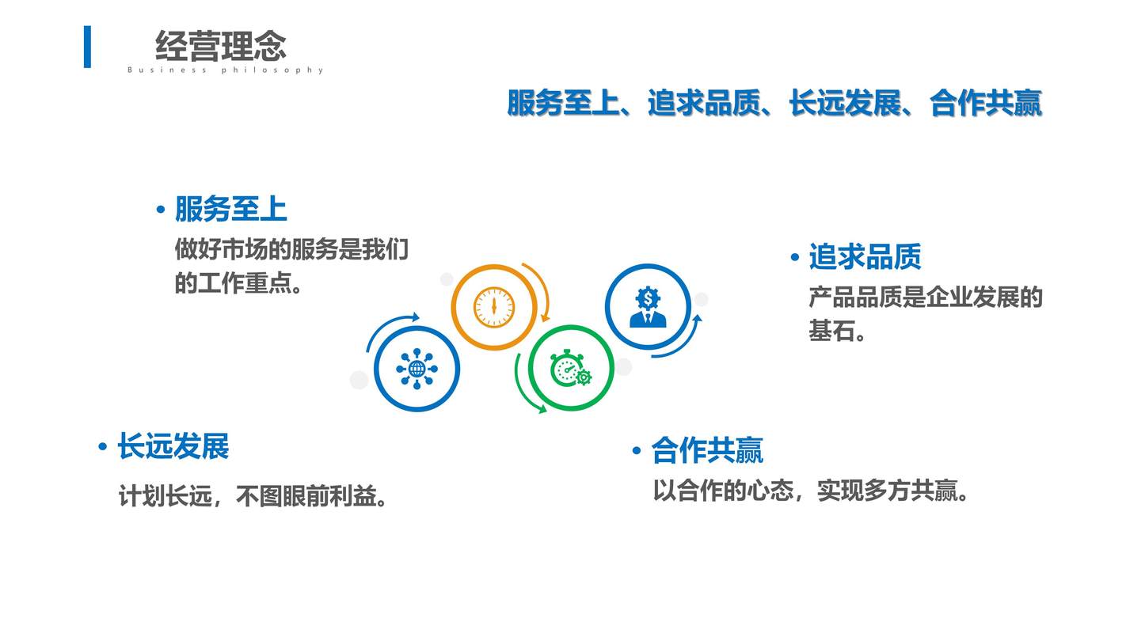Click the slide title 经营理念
point(221,46)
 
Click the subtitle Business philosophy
point(225,70)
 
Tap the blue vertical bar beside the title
point(87,47)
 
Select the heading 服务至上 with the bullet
point(222,209)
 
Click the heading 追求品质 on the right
point(865,256)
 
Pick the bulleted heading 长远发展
point(164,446)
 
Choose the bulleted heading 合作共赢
point(698,450)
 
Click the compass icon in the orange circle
point(494,307)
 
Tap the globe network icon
point(417,369)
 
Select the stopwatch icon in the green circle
point(571,368)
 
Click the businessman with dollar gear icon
point(648,307)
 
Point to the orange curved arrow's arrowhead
point(546,317)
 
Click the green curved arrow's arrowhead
point(542,409)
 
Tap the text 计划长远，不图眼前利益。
point(253,496)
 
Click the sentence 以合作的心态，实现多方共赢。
point(811,491)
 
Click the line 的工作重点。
point(238,282)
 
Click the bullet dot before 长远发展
point(103,446)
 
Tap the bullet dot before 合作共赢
point(637,450)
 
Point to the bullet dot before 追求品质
point(795,257)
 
